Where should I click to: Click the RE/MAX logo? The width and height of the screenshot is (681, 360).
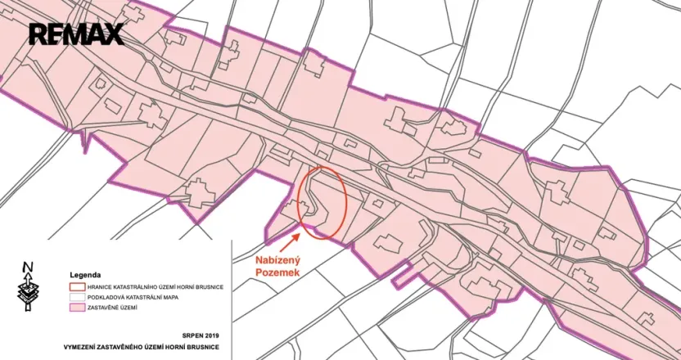coord(76,34)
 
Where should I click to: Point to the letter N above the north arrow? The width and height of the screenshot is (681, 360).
coord(28,266)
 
